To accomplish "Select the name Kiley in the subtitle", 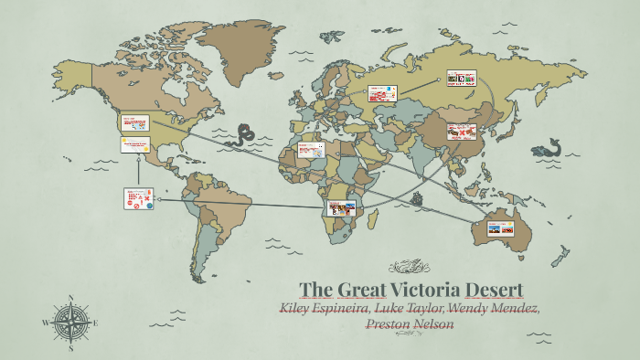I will [x=298, y=308].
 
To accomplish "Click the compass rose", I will [x=70, y=323].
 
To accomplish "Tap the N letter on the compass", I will [x=70, y=298].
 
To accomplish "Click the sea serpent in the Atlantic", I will [x=244, y=136].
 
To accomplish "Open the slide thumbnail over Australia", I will [x=500, y=228].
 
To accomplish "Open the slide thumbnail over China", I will [x=462, y=132].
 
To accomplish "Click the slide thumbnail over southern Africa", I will [x=342, y=207].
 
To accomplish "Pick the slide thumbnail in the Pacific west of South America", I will [x=137, y=197].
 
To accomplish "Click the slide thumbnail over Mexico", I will [x=134, y=144].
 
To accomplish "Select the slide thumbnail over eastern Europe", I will [x=381, y=93].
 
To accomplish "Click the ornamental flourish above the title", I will [x=410, y=267].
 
